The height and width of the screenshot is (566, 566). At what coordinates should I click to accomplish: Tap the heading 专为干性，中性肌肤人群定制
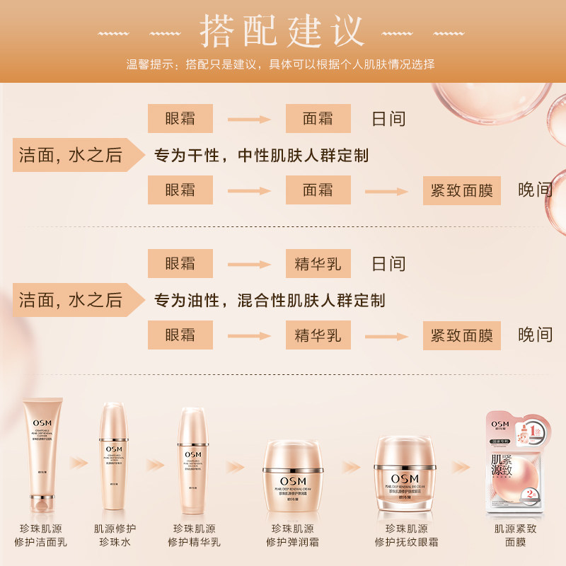pyautogui.click(x=262, y=156)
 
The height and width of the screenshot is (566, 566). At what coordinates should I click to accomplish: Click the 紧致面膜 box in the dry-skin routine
pyautogui.click(x=462, y=190)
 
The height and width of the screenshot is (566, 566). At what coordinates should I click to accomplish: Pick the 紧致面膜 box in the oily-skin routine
pyautogui.click(x=462, y=335)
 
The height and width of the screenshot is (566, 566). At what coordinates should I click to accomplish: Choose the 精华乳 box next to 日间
pyautogui.click(x=318, y=264)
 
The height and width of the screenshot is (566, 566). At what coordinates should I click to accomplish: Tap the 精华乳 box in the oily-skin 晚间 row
pyautogui.click(x=318, y=335)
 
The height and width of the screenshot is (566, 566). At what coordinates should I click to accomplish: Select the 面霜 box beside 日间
pyautogui.click(x=318, y=118)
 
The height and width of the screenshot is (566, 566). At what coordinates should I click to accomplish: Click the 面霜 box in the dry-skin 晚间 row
pyautogui.click(x=318, y=190)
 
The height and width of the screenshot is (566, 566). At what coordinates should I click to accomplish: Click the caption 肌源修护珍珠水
pyautogui.click(x=115, y=536)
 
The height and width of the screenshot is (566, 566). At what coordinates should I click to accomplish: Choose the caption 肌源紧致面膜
pyautogui.click(x=516, y=536)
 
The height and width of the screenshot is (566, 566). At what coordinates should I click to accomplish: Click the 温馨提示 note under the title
pyautogui.click(x=280, y=64)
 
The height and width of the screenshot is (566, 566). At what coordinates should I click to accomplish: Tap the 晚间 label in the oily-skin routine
pyautogui.click(x=536, y=335)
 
